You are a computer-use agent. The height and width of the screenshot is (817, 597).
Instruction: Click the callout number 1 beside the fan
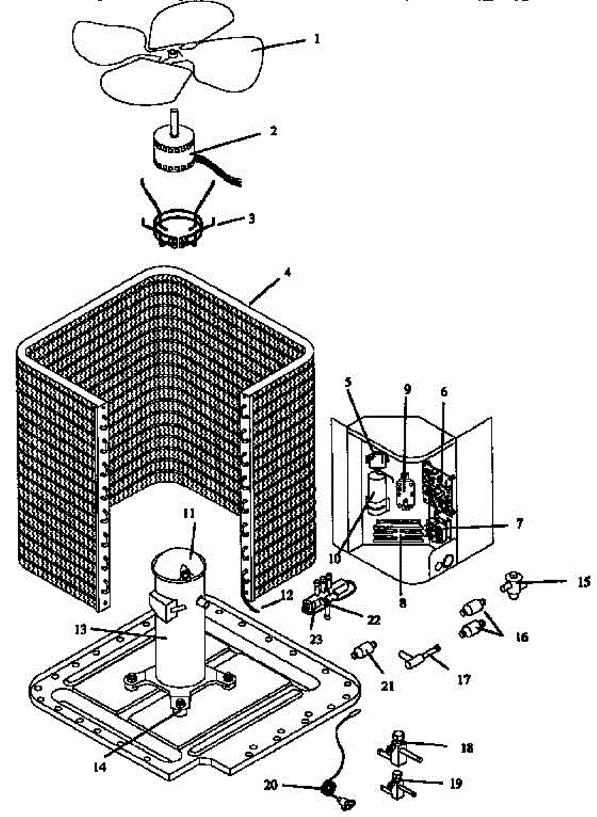point(317,39)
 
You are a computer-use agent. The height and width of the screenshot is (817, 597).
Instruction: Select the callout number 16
point(521,637)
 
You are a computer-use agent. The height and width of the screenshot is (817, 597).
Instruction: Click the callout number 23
point(317,639)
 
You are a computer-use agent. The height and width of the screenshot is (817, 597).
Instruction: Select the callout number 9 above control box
point(407,390)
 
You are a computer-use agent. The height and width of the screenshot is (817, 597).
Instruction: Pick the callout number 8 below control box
point(403,603)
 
